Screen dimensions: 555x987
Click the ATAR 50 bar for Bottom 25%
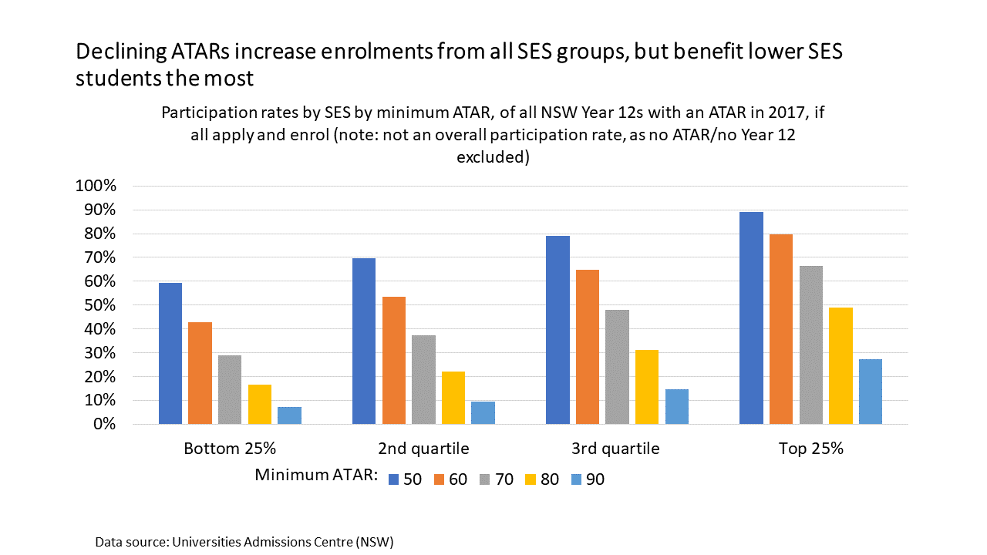coord(170,354)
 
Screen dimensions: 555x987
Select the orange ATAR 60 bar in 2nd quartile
coord(393,361)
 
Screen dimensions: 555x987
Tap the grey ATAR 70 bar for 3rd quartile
coord(617,367)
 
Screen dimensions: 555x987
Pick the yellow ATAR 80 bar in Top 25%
coord(840,366)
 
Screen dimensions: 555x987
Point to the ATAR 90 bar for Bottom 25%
coord(289,415)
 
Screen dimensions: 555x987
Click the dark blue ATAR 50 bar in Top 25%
coord(751,318)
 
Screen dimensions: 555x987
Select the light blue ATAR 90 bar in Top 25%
coord(870,392)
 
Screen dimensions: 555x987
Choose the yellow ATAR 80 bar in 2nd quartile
coord(453,398)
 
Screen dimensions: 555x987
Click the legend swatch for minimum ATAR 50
coord(393,479)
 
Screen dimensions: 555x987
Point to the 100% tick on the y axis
coord(96,187)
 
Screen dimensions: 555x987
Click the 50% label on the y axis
coord(99,305)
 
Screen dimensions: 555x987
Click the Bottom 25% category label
coord(230,449)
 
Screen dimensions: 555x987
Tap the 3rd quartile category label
coord(617,449)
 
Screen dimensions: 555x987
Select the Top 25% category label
coord(810,449)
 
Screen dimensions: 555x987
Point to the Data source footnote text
coord(244,542)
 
